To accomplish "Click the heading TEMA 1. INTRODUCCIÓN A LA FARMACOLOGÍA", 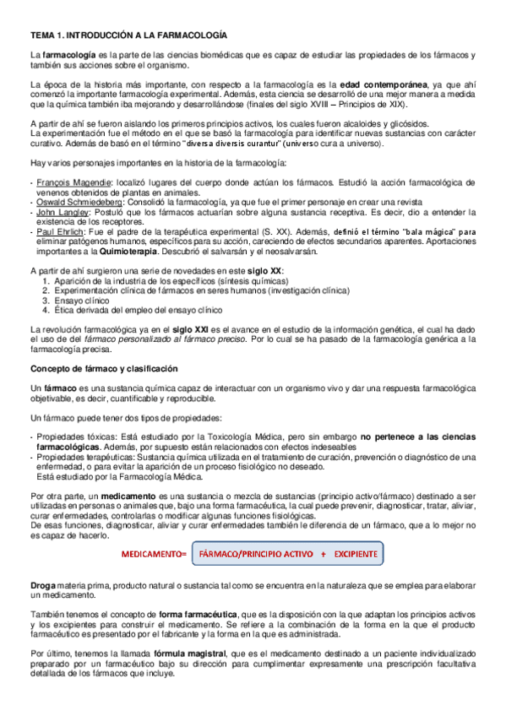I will pos(129,35).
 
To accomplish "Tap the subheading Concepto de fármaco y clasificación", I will pos(104,369).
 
